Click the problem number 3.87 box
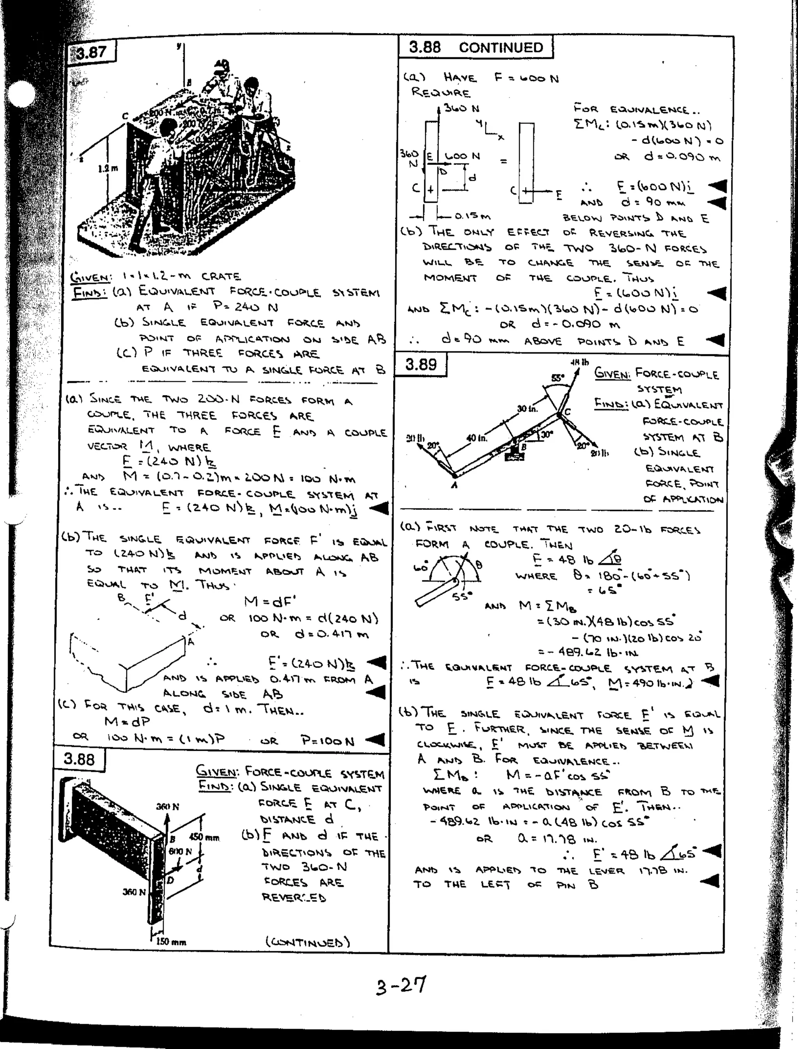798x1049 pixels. point(92,52)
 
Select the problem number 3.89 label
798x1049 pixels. point(421,364)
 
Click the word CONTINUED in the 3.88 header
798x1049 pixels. point(501,48)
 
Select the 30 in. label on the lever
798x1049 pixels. point(527,409)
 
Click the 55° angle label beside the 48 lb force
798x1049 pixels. point(558,378)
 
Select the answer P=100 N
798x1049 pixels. point(328,741)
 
